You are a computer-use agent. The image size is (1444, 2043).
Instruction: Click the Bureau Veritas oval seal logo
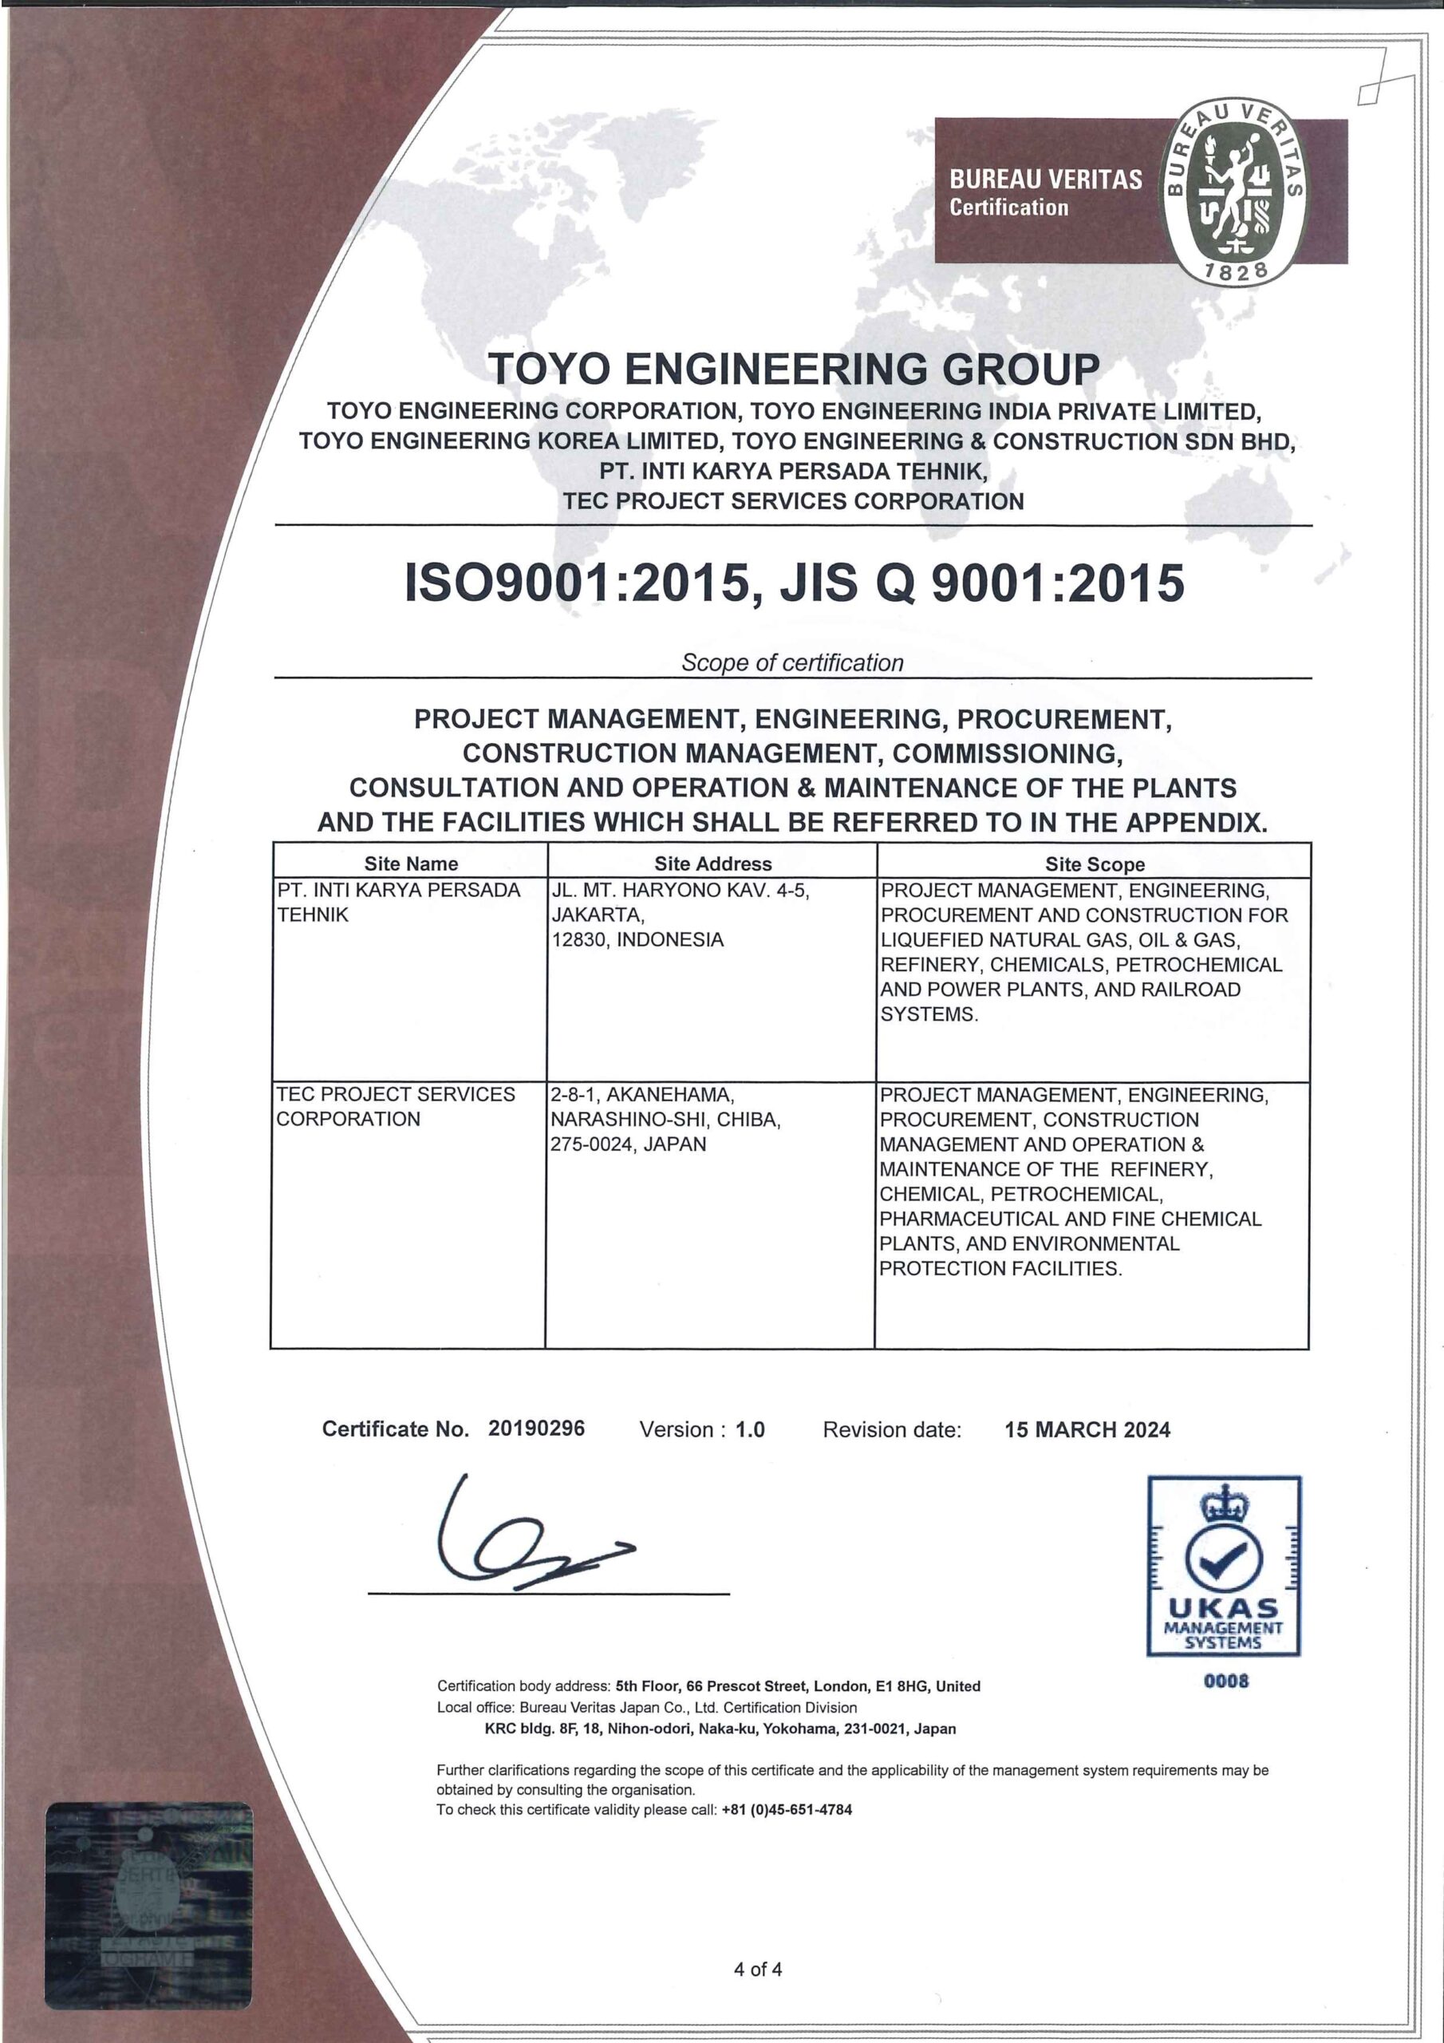coord(1234,188)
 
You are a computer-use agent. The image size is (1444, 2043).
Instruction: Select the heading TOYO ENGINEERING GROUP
coord(795,369)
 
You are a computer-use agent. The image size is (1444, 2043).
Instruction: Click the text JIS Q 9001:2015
coord(982,583)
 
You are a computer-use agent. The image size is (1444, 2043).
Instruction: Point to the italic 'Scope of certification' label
coord(792,662)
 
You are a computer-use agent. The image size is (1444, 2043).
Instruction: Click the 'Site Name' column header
coord(410,863)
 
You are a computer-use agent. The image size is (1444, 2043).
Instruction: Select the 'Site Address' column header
coord(712,863)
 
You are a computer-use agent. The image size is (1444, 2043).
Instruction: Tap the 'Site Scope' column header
coord(1095,863)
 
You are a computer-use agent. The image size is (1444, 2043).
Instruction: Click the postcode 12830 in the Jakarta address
coord(579,939)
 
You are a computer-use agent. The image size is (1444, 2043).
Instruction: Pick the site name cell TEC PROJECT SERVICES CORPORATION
coord(396,1106)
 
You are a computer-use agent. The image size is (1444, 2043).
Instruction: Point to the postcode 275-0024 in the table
coord(592,1144)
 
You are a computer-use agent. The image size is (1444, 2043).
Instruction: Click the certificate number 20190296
coord(536,1429)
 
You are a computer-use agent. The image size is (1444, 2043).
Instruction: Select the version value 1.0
coord(750,1430)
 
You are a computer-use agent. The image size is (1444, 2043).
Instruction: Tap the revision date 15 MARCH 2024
coord(1087,1430)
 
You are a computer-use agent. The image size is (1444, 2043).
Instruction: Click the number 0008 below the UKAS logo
coord(1226,1681)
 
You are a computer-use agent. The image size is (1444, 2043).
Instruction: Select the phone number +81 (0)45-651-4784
coord(787,1809)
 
